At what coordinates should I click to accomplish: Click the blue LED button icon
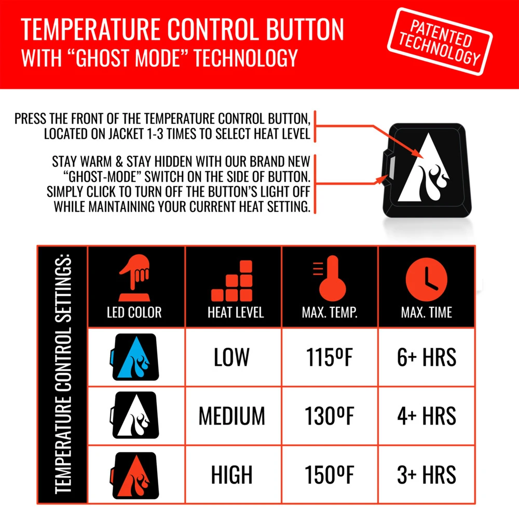pyautogui.click(x=133, y=358)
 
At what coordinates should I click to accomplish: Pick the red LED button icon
pyautogui.click(x=133, y=474)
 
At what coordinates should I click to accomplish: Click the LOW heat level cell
pyautogui.click(x=231, y=358)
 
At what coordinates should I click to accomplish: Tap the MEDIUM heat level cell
pyautogui.click(x=231, y=416)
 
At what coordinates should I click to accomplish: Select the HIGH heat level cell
pyautogui.click(x=231, y=475)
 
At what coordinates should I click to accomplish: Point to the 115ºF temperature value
pyautogui.click(x=329, y=358)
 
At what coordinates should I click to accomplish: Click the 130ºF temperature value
pyautogui.click(x=329, y=416)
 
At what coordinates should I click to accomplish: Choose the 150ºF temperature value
pyautogui.click(x=329, y=475)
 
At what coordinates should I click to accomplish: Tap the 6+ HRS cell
pyautogui.click(x=427, y=358)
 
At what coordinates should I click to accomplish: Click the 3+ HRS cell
pyautogui.click(x=427, y=475)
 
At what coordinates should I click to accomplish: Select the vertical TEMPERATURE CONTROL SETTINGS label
pyautogui.click(x=62, y=374)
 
